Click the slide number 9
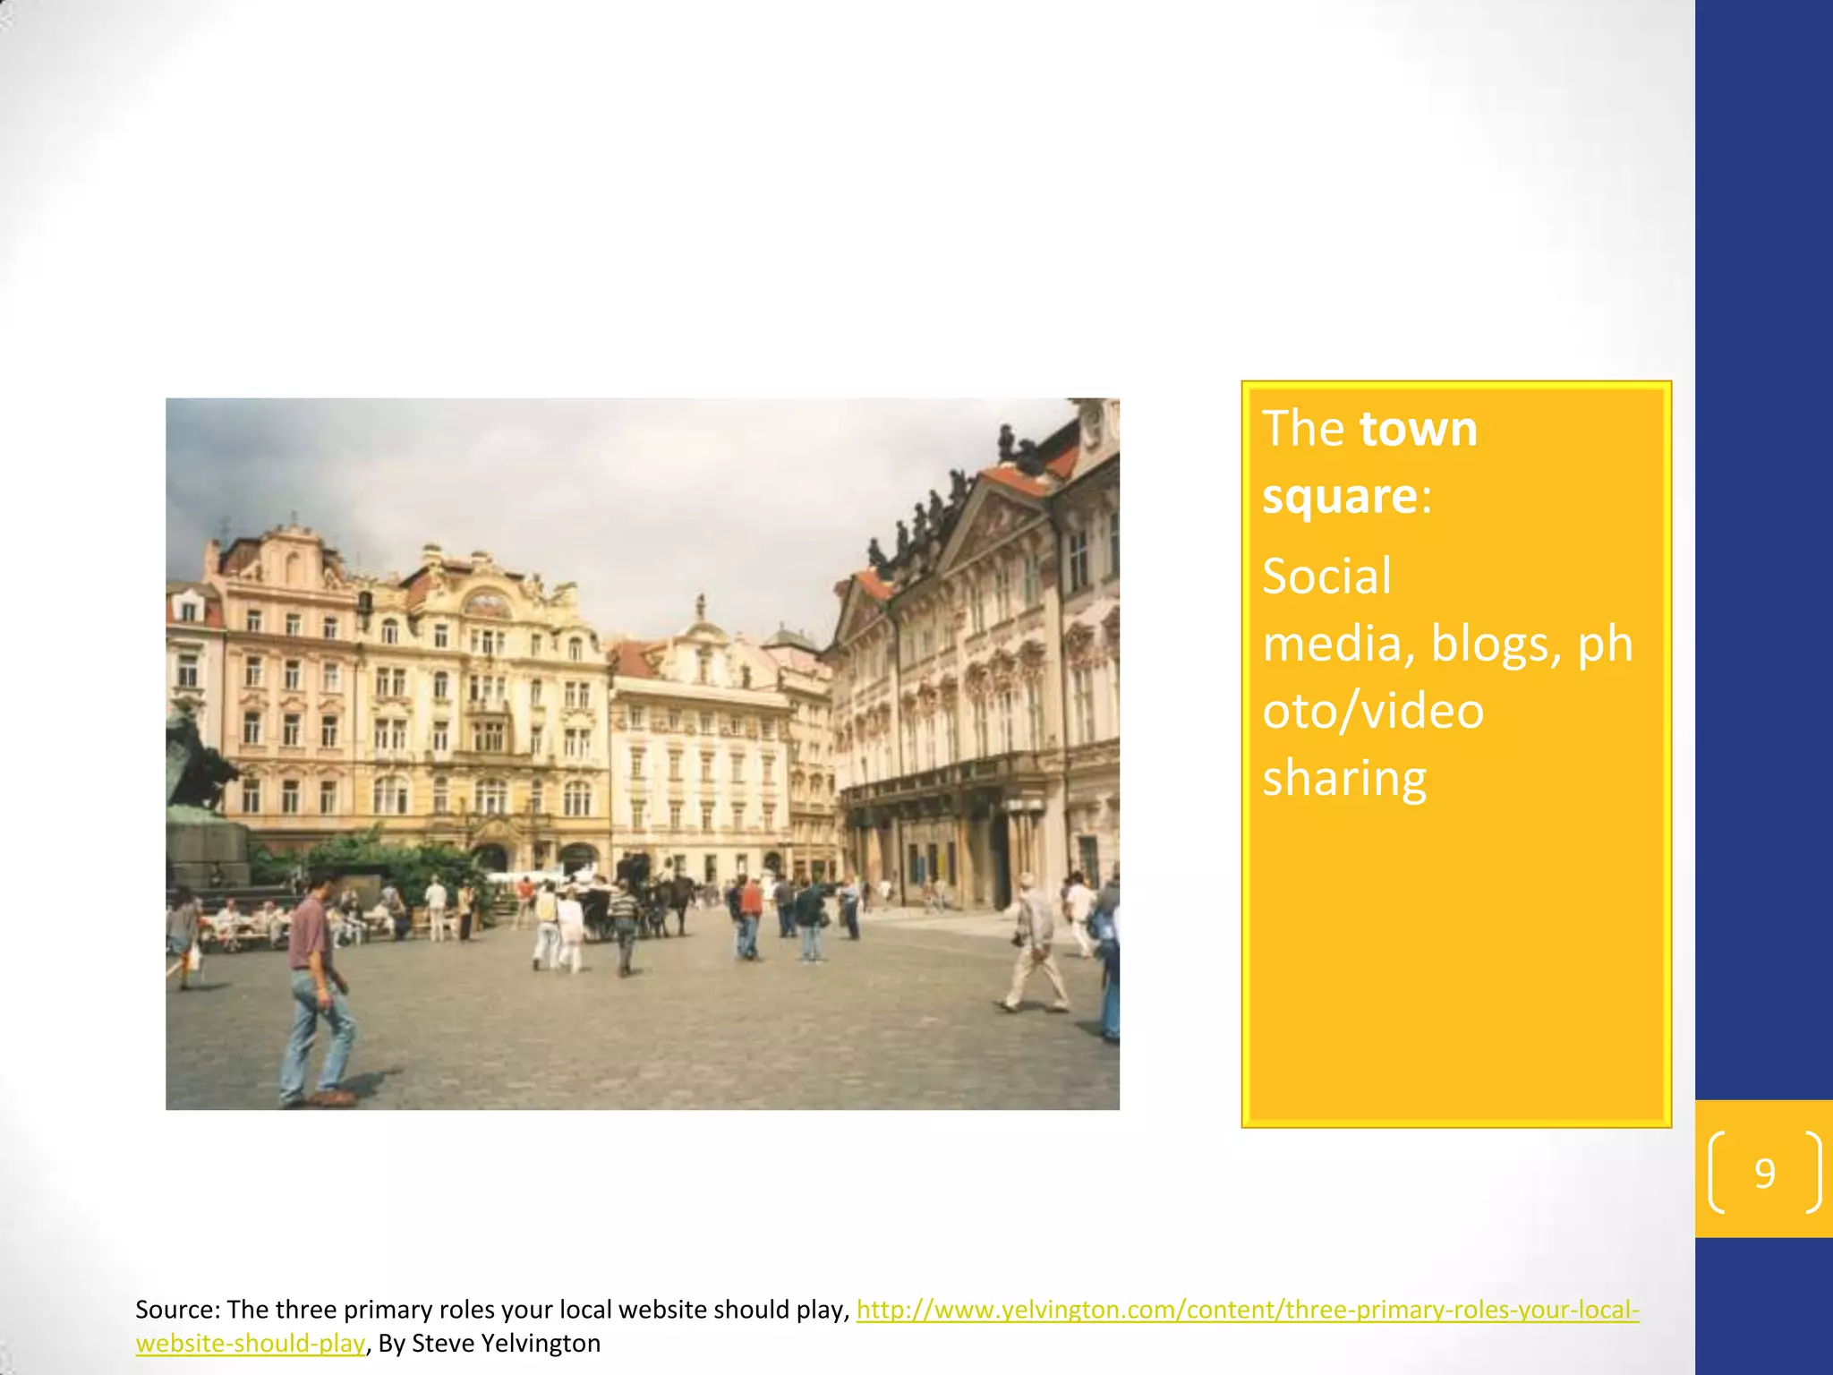pos(1764,1173)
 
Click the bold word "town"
pos(1419,429)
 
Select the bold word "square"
pos(1340,496)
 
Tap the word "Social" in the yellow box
pos(1326,576)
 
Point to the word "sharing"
pos(1344,778)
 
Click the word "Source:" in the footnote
pos(176,1310)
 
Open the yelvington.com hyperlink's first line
pos(1247,1310)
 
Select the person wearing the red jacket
pos(750,916)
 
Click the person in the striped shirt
pos(624,927)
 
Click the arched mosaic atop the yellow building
pos(488,605)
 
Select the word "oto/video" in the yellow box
pos(1373,711)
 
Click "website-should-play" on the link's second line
pos(251,1344)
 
